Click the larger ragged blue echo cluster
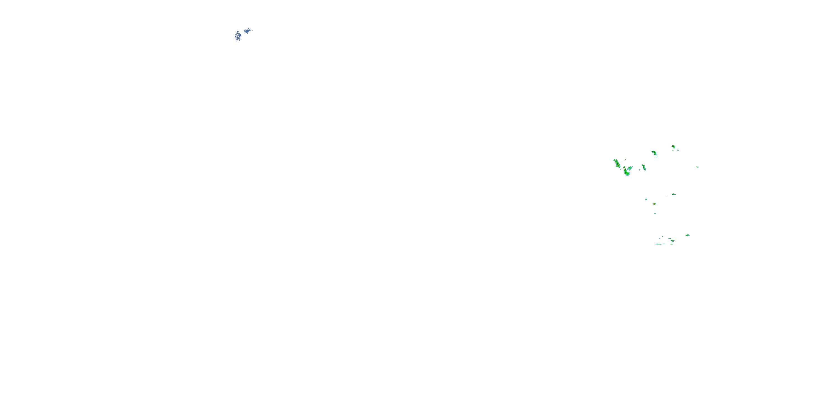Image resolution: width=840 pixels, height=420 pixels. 238,36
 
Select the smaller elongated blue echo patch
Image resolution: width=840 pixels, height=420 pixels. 248,31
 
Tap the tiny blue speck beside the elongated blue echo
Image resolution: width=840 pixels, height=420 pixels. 252,30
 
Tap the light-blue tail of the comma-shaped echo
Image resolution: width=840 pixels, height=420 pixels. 631,168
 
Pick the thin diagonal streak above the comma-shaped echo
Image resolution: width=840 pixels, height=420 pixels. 625,159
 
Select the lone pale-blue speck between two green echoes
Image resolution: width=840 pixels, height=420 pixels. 639,170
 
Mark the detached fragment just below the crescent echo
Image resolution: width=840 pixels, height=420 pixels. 657,157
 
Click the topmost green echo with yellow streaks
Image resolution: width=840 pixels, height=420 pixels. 673,147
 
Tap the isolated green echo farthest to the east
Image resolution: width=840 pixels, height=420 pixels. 697,167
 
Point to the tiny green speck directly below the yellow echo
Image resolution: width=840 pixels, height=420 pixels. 655,214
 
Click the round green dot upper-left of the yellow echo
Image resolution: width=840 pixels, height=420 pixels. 646,199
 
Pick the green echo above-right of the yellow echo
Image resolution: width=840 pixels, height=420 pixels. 674,194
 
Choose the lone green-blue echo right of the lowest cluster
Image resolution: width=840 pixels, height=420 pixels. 687,235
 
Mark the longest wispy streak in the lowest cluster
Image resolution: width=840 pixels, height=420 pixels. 658,244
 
